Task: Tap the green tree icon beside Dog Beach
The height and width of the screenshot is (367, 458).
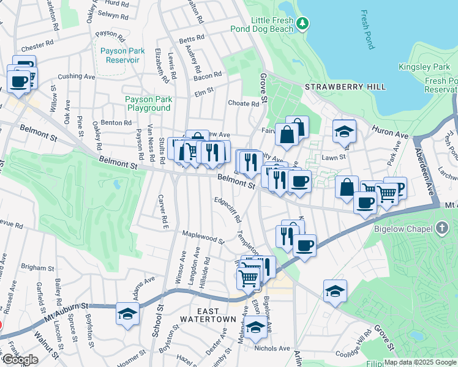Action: [x=302, y=23]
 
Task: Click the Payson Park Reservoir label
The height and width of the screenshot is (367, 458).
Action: [x=122, y=55]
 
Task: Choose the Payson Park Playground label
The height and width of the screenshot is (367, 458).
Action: [x=148, y=103]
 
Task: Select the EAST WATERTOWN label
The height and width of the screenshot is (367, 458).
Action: [x=208, y=319]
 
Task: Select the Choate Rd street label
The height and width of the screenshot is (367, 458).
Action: [x=243, y=103]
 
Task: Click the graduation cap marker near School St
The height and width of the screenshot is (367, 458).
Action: [x=127, y=314]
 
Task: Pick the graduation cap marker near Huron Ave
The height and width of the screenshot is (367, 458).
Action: [x=345, y=130]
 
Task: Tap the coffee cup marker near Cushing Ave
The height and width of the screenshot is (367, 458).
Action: [x=18, y=81]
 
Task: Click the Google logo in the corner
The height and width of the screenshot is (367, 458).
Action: [x=20, y=360]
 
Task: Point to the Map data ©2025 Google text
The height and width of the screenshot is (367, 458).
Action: [x=419, y=362]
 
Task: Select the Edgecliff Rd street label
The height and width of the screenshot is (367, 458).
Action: [x=228, y=210]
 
